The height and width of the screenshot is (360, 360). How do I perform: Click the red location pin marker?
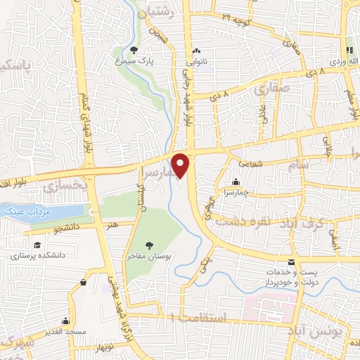[181, 166]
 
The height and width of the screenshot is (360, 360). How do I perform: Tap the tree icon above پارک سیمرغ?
[134, 49]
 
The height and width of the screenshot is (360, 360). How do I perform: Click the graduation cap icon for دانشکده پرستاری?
[33, 245]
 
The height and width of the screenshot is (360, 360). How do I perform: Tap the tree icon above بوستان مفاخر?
[149, 244]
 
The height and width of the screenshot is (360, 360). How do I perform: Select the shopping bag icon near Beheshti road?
[84, 282]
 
